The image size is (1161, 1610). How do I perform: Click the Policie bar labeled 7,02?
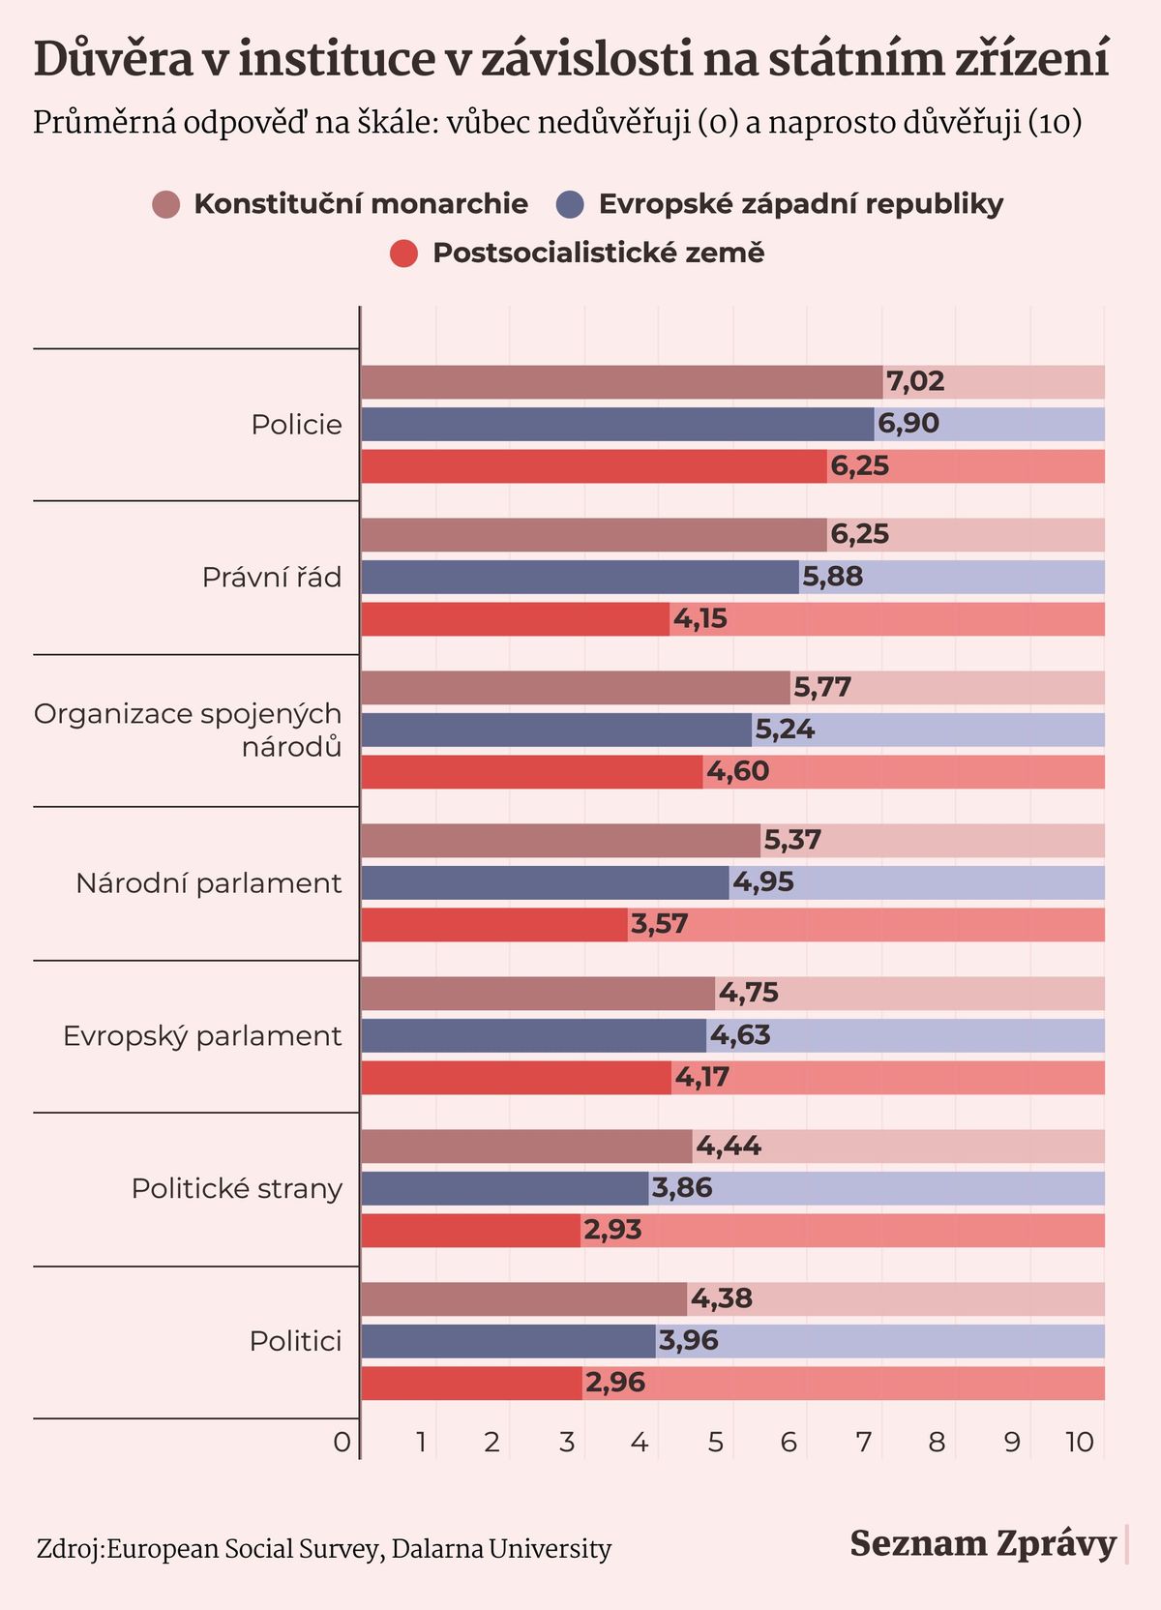[621, 382]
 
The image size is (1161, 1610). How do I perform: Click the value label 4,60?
[737, 771]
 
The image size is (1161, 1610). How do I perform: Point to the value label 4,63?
[740, 1035]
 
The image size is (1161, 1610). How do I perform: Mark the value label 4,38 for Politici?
[722, 1298]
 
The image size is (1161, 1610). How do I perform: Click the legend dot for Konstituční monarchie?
[166, 204]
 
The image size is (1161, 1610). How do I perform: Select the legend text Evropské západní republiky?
[800, 204]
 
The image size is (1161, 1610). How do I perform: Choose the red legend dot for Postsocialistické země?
[403, 253]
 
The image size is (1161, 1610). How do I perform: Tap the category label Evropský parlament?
[202, 1036]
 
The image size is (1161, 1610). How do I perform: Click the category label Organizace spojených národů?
[189, 730]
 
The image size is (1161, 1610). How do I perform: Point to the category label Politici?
[295, 1341]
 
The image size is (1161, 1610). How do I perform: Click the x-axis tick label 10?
[1080, 1443]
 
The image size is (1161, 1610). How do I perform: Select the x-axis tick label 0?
[342, 1443]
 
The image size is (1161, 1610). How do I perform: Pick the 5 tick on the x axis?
[715, 1443]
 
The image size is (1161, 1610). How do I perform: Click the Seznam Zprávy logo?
[983, 1543]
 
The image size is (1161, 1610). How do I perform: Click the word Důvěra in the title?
[113, 60]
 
